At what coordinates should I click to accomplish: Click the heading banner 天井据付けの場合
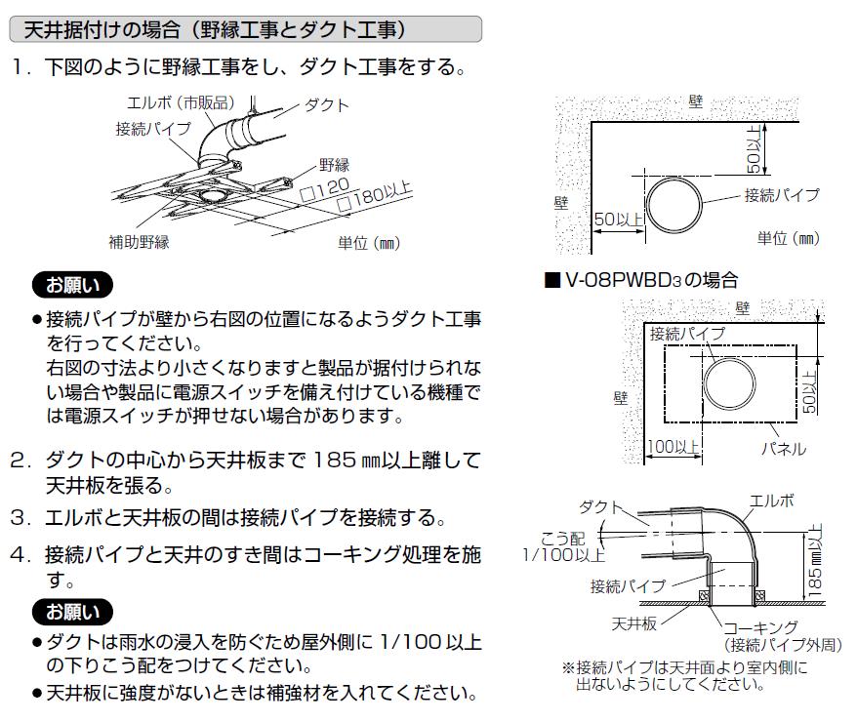pyautogui.click(x=245, y=29)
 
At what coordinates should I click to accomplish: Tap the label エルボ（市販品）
pyautogui.click(x=181, y=102)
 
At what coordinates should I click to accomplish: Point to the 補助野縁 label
pyautogui.click(x=139, y=241)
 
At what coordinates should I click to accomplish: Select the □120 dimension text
pyautogui.click(x=325, y=189)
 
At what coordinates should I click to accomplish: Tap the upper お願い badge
pyautogui.click(x=72, y=285)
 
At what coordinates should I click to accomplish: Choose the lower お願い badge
pyautogui.click(x=72, y=612)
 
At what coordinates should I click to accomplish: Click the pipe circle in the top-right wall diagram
pyautogui.click(x=673, y=179)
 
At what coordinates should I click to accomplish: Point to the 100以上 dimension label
pyautogui.click(x=673, y=447)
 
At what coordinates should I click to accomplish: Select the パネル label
pyautogui.click(x=784, y=449)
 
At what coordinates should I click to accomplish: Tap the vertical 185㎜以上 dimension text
pyautogui.click(x=814, y=560)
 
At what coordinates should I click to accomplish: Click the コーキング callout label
pyautogui.click(x=760, y=628)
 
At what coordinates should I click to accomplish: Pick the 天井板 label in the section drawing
pyautogui.click(x=634, y=623)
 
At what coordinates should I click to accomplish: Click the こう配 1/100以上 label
pyautogui.click(x=564, y=546)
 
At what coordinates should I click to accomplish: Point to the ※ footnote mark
pyautogui.click(x=568, y=667)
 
